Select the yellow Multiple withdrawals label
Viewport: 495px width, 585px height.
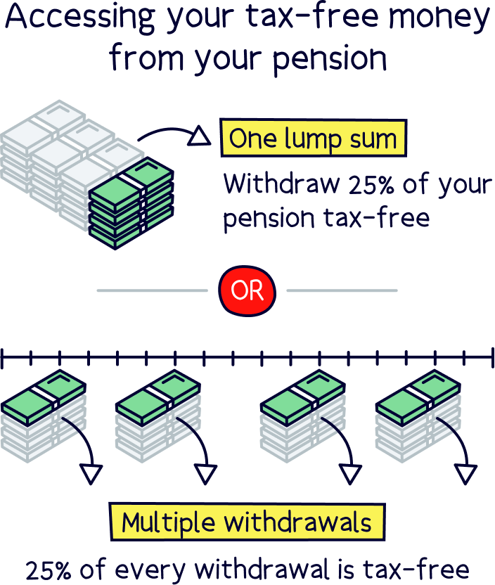click(247, 523)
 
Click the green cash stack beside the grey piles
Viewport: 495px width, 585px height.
click(131, 197)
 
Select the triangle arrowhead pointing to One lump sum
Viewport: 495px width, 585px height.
click(200, 136)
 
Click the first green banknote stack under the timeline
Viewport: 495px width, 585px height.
click(44, 397)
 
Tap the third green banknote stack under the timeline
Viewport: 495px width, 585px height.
click(303, 397)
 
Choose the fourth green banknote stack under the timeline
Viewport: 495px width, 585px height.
click(418, 398)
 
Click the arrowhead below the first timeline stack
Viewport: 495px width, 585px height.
click(91, 475)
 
